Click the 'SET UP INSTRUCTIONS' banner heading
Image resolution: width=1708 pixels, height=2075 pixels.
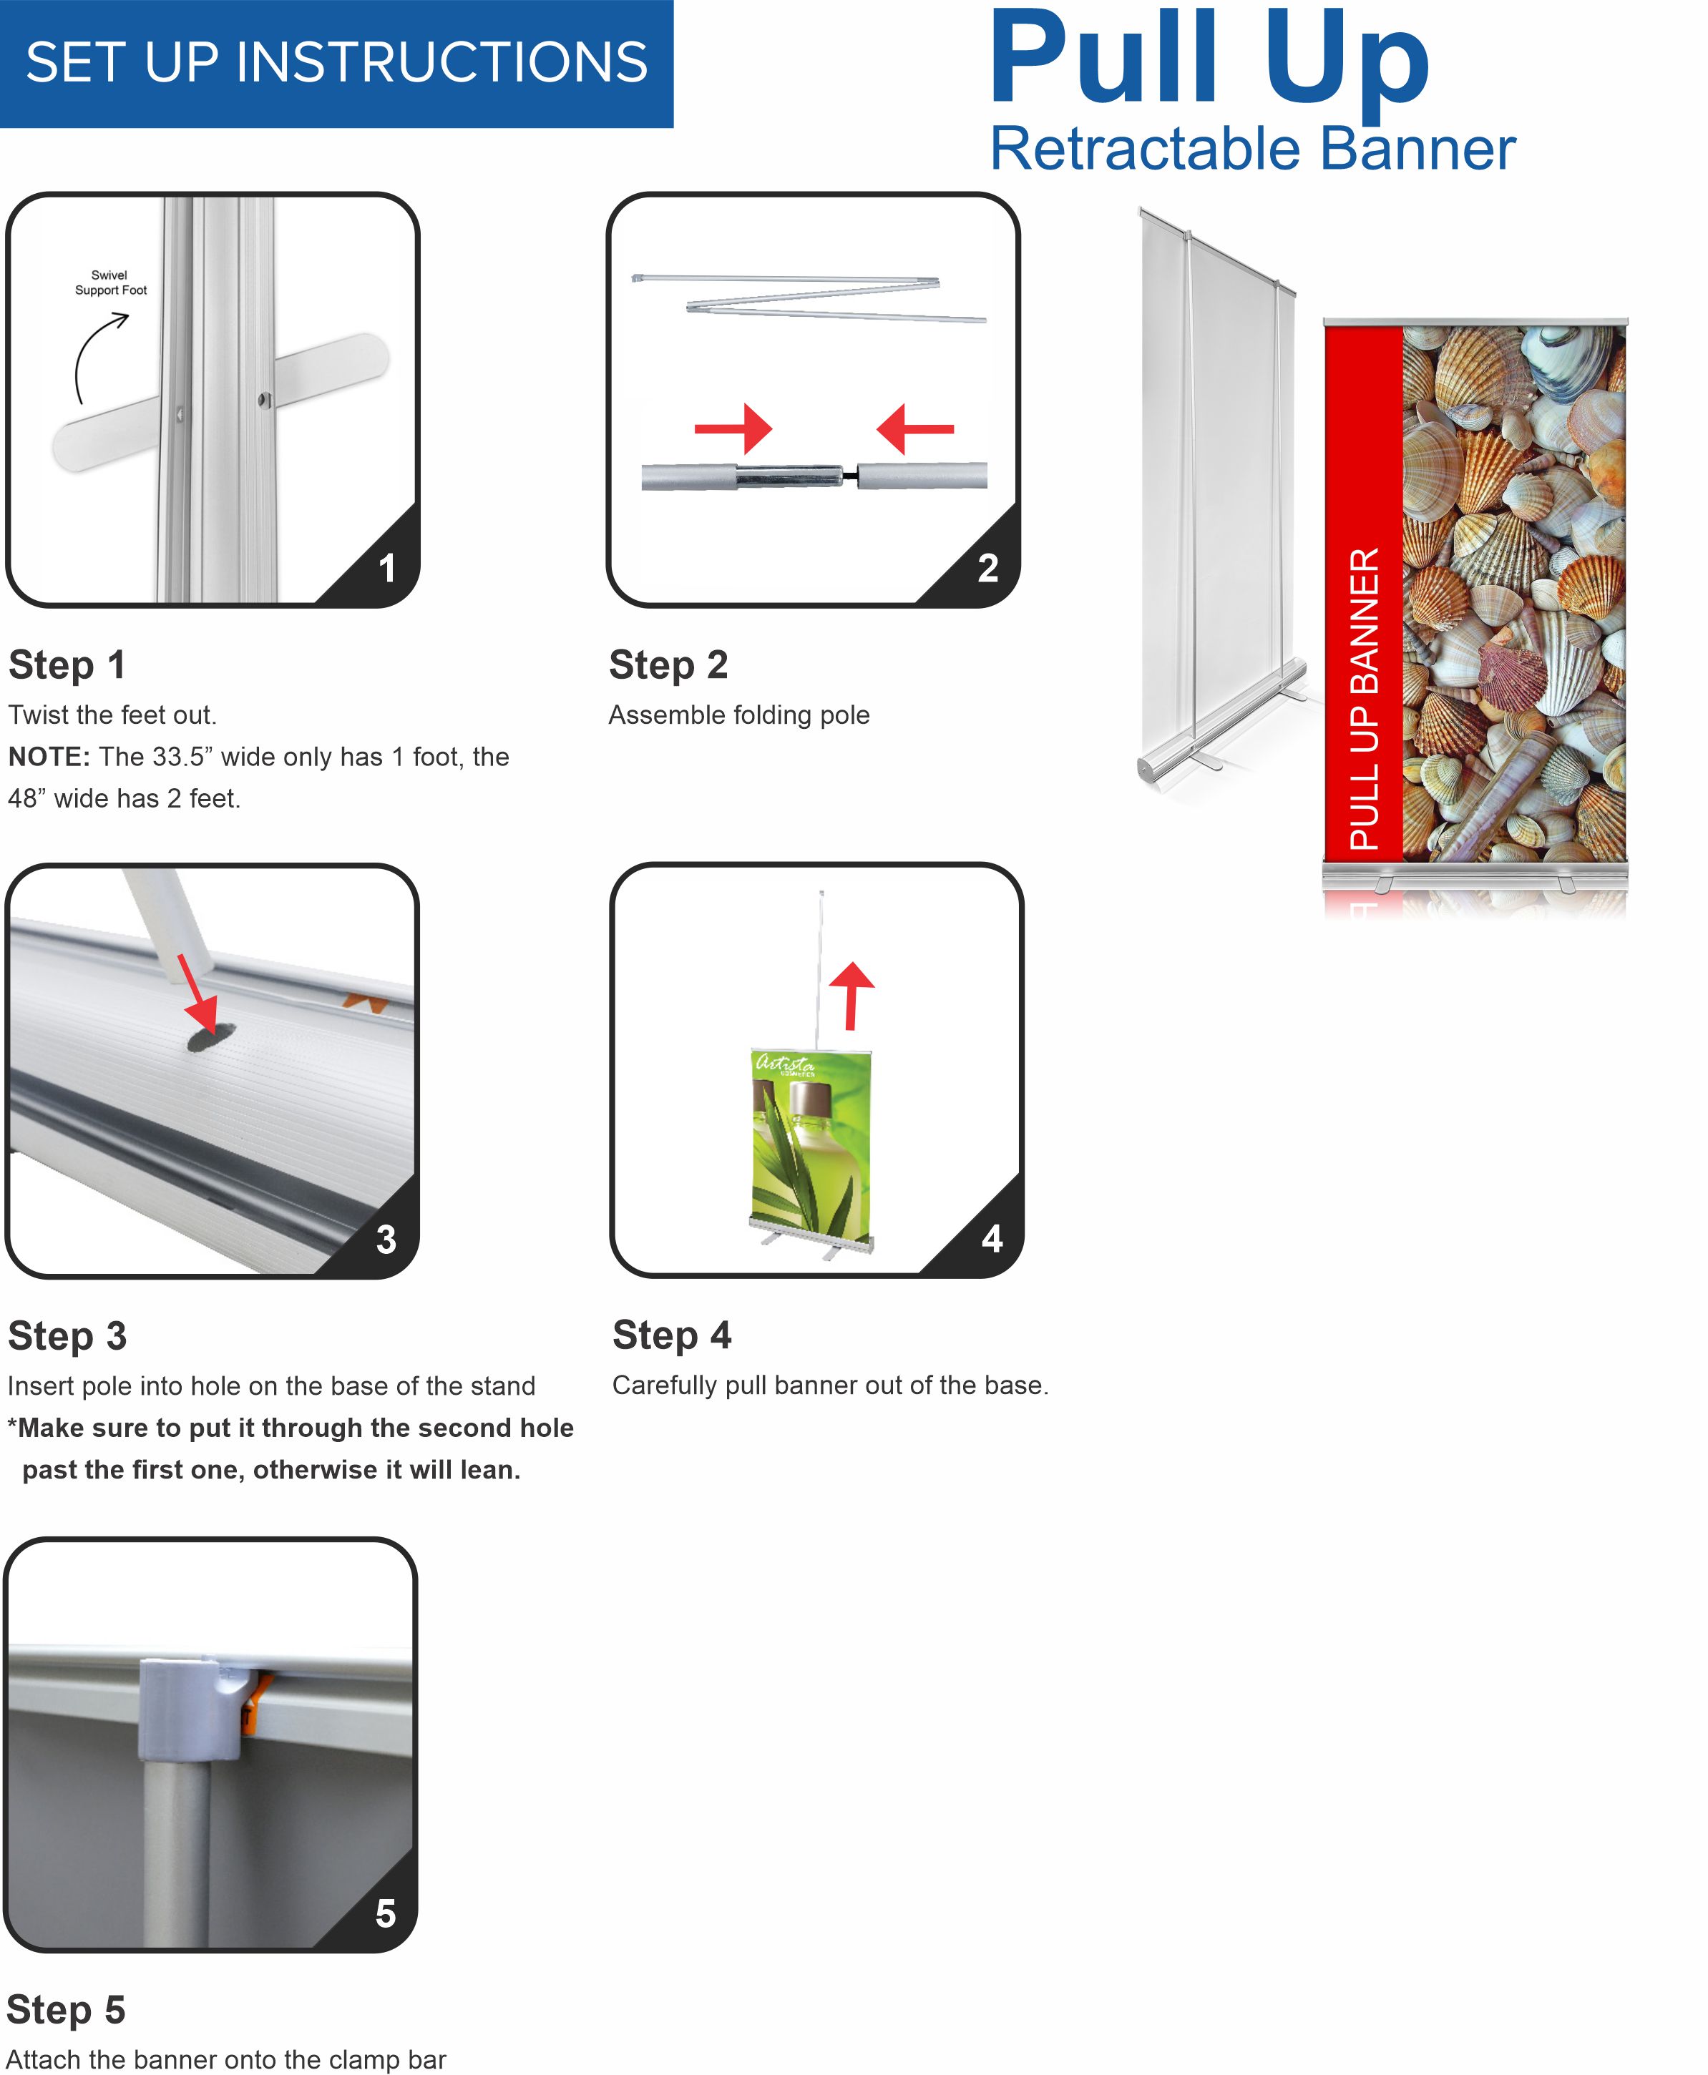click(336, 62)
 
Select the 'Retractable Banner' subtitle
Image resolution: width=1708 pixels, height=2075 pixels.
click(1252, 149)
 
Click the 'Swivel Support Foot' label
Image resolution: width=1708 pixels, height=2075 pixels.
click(110, 283)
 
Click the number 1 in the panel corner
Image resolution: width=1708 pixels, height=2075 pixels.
click(388, 569)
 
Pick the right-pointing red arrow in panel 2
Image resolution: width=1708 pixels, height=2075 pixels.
click(734, 428)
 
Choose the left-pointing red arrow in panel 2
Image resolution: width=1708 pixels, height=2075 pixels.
click(915, 428)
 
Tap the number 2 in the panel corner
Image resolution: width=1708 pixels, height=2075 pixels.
click(987, 569)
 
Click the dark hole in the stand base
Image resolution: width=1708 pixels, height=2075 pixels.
click(212, 1037)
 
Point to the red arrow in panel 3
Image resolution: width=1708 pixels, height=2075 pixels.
click(197, 996)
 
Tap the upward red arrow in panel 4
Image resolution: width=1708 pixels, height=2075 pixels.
click(851, 995)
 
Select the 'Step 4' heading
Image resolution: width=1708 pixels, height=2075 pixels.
click(672, 1335)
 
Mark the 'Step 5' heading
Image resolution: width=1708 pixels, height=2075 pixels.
click(66, 2010)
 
